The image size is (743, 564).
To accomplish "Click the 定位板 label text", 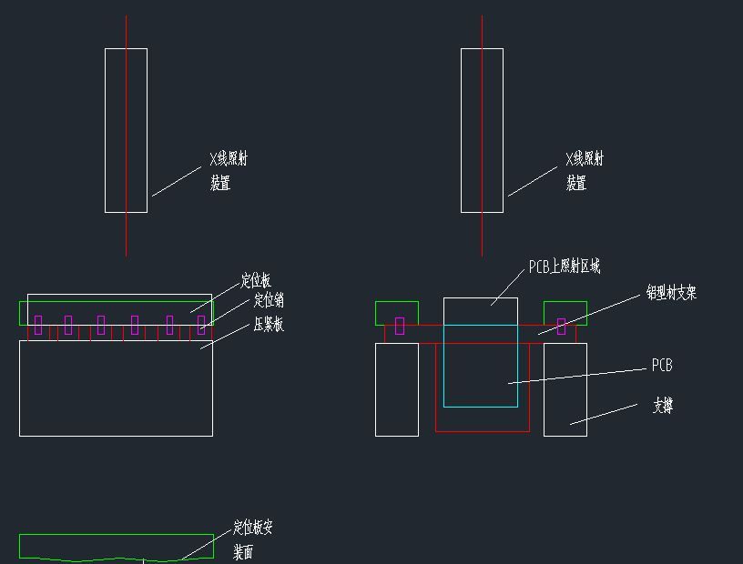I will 256,281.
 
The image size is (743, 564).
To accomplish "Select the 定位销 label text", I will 269,301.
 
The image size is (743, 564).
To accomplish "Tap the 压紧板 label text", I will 268,325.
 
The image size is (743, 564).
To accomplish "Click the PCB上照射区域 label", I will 564,267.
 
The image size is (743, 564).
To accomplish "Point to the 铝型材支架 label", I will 671,293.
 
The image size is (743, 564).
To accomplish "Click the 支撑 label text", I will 662,406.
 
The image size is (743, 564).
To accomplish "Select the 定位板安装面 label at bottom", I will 252,539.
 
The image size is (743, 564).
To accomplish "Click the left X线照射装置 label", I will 228,170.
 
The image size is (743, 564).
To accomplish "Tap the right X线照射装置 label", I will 584,170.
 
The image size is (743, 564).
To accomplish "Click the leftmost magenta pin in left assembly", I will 38,325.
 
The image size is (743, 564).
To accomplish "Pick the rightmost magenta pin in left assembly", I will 201,325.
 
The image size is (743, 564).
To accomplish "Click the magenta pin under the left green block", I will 400,326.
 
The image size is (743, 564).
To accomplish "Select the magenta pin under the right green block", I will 561,326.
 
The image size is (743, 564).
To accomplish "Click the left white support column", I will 397,389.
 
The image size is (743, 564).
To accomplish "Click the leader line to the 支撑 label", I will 604,414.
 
